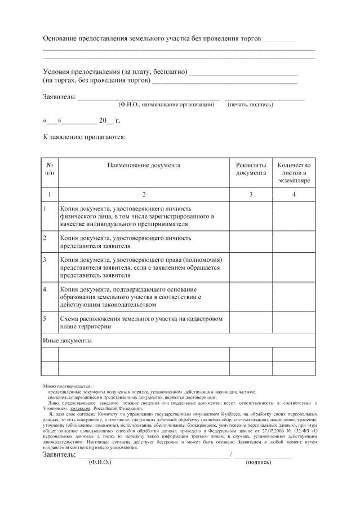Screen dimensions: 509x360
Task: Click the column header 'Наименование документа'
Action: [144, 166]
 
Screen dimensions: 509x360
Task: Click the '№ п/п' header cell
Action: [50, 169]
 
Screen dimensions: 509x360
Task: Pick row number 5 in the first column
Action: [45, 319]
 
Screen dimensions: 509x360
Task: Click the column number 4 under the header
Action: [294, 194]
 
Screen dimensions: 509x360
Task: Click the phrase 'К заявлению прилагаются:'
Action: [84, 136]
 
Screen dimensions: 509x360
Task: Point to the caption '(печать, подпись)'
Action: [250, 105]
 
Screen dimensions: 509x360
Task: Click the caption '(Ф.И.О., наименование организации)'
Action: [166, 105]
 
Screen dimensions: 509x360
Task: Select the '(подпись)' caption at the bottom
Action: [259, 462]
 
